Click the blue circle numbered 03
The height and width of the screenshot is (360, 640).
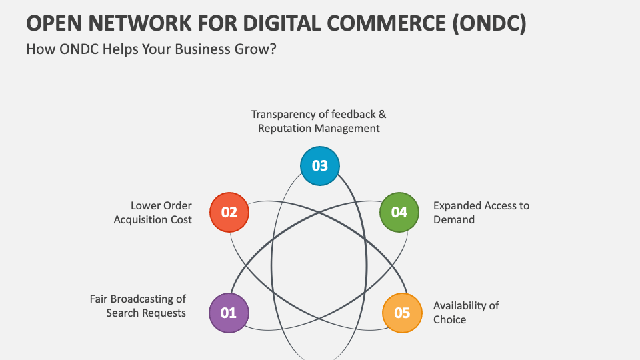(x=320, y=165)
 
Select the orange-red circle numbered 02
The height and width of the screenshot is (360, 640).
(x=229, y=213)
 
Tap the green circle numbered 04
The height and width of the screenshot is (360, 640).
(x=399, y=213)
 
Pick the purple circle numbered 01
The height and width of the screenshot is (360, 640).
(x=229, y=313)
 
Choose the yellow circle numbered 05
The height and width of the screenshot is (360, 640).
(x=402, y=313)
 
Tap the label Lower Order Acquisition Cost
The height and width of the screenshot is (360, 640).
(x=153, y=213)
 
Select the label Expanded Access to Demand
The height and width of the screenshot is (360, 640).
(x=481, y=213)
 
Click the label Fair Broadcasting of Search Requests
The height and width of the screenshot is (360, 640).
(x=139, y=305)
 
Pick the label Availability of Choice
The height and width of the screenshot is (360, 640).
(x=465, y=313)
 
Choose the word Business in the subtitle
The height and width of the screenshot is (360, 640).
(x=193, y=50)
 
